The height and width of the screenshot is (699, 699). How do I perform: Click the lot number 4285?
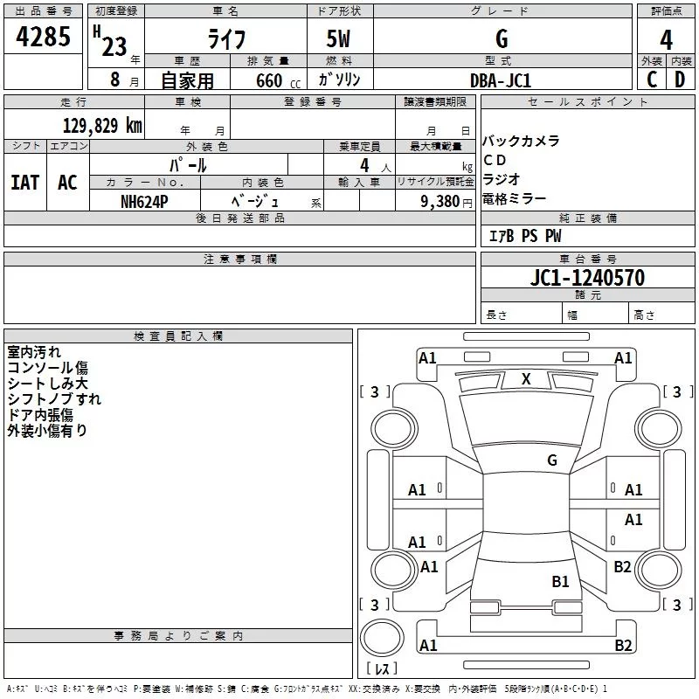(x=44, y=38)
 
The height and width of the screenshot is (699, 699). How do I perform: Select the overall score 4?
(x=667, y=39)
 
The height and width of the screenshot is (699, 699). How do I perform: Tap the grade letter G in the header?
(x=502, y=39)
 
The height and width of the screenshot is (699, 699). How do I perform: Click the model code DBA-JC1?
(x=501, y=80)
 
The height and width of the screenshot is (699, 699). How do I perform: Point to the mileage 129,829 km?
(x=102, y=125)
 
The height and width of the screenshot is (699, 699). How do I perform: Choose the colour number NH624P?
(x=144, y=201)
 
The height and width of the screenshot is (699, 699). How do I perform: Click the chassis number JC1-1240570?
(x=587, y=278)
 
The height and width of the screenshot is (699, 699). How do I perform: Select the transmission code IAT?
(x=24, y=183)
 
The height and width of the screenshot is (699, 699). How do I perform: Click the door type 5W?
(x=339, y=39)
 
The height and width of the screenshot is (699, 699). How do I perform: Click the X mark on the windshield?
(x=526, y=379)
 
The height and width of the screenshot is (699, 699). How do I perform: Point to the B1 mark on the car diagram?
(x=560, y=581)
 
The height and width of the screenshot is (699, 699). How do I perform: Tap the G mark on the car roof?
(x=552, y=460)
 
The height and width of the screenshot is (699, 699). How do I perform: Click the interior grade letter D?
(x=680, y=80)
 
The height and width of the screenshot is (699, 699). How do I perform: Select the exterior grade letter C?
(x=651, y=80)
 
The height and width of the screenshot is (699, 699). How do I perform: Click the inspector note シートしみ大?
(x=47, y=384)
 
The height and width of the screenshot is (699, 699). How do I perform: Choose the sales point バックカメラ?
(x=521, y=141)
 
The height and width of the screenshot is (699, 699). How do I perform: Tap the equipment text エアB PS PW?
(x=524, y=236)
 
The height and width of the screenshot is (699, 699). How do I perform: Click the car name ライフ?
(x=225, y=39)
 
